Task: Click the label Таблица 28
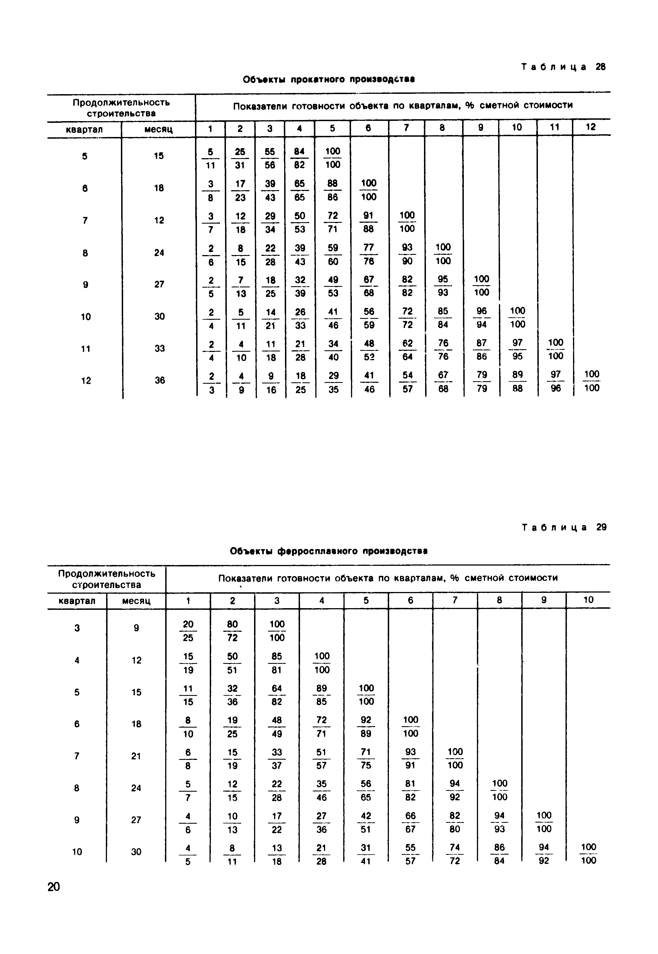point(563,67)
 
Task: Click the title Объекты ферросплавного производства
point(329,551)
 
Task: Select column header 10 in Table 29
point(588,600)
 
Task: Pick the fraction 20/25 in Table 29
point(188,631)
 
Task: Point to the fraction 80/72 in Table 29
point(233,631)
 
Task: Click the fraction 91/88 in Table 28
point(368,222)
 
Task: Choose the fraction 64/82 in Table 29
point(277,695)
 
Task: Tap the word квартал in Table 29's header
point(77,601)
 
